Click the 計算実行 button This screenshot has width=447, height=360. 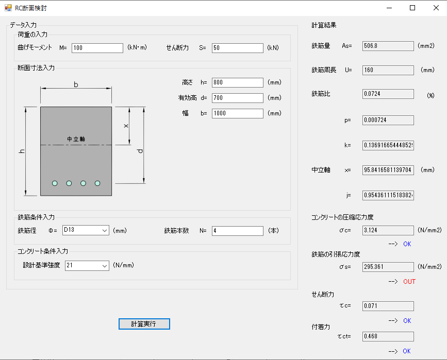point(144,324)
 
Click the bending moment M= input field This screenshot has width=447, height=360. point(97,48)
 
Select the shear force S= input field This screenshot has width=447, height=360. point(238,48)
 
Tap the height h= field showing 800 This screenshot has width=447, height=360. point(238,82)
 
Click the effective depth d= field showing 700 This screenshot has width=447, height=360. point(238,98)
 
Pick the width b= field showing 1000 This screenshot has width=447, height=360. point(238,113)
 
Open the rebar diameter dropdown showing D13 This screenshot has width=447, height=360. point(86,230)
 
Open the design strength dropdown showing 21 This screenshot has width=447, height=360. point(87,266)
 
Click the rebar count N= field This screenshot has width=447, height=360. point(238,231)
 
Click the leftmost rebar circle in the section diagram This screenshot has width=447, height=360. point(55,183)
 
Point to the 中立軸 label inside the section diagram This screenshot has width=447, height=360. point(76,139)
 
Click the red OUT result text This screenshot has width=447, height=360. point(409,281)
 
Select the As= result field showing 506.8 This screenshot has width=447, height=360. point(388,46)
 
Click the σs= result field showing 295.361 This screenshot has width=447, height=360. point(388,267)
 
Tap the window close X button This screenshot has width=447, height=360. point(436,8)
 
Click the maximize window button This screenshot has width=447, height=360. point(412,8)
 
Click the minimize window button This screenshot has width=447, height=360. point(389,8)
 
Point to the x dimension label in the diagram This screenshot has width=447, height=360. point(126,126)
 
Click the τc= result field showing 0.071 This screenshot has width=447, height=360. point(388,306)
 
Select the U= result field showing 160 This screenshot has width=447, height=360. point(388,70)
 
